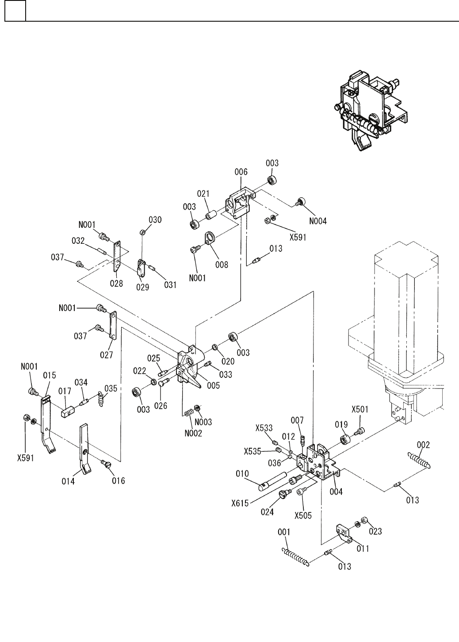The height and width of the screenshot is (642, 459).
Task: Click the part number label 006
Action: click(x=241, y=172)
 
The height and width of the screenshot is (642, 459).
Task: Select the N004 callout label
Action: click(x=317, y=221)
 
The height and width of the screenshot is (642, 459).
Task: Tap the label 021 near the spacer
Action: click(x=204, y=194)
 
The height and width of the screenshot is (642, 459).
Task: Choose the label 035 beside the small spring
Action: click(x=111, y=388)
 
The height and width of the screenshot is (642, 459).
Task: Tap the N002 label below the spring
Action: click(x=194, y=433)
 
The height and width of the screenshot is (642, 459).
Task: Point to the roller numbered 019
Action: click(x=345, y=441)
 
